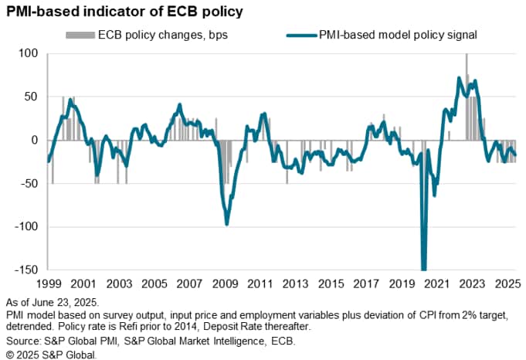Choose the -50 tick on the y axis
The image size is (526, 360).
click(29, 184)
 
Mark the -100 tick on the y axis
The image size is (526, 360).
click(25, 227)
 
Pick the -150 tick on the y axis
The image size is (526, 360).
click(25, 270)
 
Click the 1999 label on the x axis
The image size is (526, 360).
click(48, 284)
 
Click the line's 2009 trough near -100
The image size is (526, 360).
click(226, 224)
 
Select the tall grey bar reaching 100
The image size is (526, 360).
click(467, 97)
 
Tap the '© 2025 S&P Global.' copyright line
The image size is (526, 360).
click(51, 353)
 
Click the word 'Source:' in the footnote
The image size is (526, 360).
click(22, 340)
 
